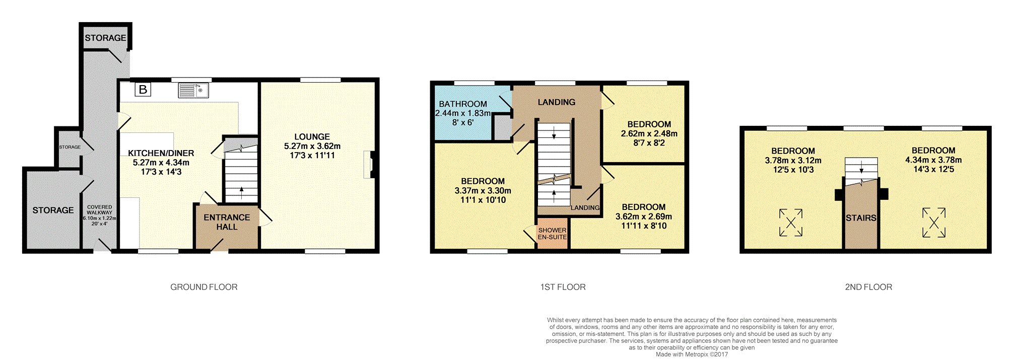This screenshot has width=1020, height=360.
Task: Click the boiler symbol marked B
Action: (x=143, y=90)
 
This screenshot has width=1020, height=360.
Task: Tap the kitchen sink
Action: (x=193, y=91)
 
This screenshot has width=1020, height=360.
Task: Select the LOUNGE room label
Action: (x=312, y=137)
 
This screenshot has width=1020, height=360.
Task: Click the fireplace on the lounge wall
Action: (x=370, y=165)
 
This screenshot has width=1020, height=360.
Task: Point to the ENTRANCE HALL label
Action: (x=227, y=222)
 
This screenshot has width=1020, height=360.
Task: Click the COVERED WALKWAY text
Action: (x=100, y=209)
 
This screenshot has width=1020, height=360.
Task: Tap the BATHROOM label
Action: (x=463, y=104)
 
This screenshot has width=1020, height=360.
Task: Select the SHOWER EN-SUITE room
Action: (x=553, y=233)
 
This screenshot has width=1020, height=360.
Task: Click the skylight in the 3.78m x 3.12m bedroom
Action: (x=791, y=223)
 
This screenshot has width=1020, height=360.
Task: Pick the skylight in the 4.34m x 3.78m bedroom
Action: (x=934, y=223)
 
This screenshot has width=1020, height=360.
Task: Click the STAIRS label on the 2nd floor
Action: (x=861, y=218)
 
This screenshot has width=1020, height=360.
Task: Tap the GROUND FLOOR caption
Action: (x=204, y=287)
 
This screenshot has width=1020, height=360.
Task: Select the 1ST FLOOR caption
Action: (x=563, y=287)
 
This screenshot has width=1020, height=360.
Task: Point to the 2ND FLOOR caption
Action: (x=868, y=287)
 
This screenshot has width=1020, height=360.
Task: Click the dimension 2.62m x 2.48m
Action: (x=649, y=134)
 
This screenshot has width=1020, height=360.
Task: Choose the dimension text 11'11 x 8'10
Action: (x=644, y=226)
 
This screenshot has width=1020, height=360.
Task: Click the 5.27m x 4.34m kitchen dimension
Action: (x=161, y=163)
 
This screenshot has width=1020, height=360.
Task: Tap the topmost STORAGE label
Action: (x=105, y=38)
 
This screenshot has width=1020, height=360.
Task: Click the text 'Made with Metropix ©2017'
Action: (x=692, y=354)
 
